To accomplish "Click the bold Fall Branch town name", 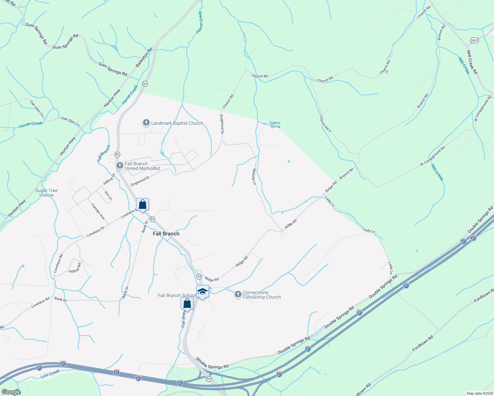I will coord(166,234).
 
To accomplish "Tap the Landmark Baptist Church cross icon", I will coord(146,123).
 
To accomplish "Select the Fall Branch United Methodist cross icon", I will coord(120,165).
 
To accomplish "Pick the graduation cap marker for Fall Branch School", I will coord(202,292).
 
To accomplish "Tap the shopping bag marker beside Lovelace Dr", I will coord(142,204).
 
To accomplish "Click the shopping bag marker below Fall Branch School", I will coord(187,303).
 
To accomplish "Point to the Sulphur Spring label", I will coord(275,125).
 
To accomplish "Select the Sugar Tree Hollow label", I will coord(47,193).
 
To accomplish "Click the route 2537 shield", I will coord(474,40).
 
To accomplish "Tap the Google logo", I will coord(11,392).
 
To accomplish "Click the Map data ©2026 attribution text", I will coord(479,393).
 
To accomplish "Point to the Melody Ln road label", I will coord(254,176).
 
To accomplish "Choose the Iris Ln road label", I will coord(108,195).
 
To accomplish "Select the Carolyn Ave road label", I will coord(98,212).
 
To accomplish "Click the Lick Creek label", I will coord(50,374).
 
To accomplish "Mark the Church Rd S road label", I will coord(325,123).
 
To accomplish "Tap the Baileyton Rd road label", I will coord(144,57).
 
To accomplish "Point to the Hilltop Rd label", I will coord(75,268).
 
